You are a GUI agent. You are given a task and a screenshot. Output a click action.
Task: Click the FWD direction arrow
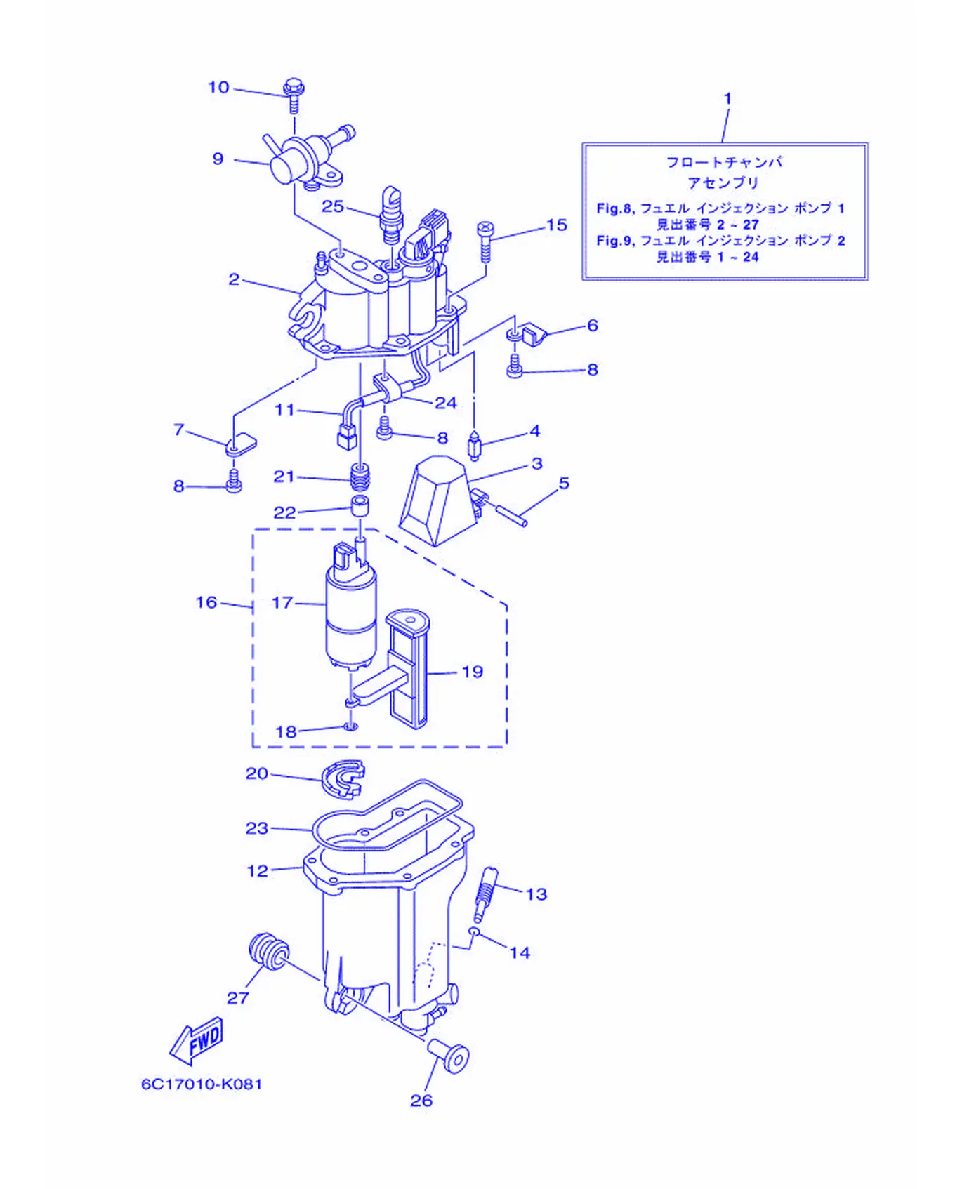click(197, 1041)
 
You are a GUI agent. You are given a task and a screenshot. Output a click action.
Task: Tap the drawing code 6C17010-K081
click(202, 1084)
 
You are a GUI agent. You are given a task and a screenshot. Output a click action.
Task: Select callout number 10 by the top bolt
click(219, 87)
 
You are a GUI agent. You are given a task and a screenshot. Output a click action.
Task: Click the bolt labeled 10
click(294, 95)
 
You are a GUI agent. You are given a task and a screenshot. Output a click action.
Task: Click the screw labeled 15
click(485, 240)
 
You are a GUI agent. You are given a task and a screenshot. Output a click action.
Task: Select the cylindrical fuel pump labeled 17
click(351, 607)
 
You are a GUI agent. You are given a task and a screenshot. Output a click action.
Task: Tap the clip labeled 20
click(343, 779)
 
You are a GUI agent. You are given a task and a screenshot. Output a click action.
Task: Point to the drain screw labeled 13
click(485, 894)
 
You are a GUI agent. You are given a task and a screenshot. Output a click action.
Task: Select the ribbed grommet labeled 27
click(268, 951)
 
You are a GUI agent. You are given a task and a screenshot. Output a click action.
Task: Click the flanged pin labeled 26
click(448, 1056)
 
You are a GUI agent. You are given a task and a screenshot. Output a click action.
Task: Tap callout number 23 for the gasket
click(257, 828)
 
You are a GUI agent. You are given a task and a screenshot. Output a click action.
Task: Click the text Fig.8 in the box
click(615, 208)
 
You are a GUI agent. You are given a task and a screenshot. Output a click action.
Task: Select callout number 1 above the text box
click(727, 99)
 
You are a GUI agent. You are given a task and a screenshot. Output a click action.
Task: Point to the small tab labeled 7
click(241, 445)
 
